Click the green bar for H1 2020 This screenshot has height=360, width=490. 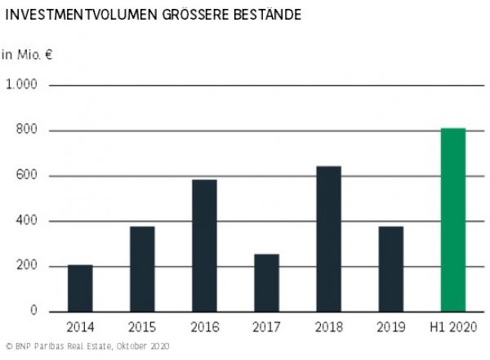452,220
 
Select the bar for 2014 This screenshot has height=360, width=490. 80,288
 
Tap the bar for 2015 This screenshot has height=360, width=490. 142,269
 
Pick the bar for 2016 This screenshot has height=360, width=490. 204,246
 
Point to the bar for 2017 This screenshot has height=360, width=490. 266,282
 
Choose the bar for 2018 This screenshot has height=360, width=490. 328,238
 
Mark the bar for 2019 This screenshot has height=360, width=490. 390,269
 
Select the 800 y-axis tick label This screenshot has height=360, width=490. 27,131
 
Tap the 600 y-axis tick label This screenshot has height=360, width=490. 27,176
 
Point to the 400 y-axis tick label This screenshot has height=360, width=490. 27,221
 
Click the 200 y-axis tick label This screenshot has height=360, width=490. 27,267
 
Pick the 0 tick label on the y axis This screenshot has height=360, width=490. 34,312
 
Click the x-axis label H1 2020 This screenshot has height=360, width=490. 452,328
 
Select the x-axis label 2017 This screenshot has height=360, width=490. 266,328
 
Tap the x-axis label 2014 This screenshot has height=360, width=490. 80,328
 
